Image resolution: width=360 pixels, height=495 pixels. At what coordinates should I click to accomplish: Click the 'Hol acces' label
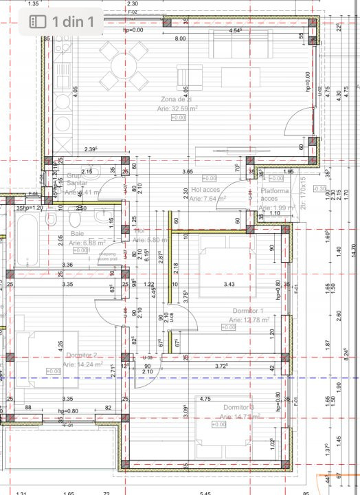[x=206, y=190]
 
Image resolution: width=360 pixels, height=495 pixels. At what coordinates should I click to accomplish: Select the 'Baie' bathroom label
[x=77, y=234]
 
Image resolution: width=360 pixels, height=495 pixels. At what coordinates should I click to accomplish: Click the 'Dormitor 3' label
[x=238, y=408]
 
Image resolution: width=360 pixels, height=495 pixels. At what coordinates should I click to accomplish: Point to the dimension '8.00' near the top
[x=180, y=39]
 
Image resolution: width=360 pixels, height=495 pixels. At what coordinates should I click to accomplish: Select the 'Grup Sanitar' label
[x=76, y=180]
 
